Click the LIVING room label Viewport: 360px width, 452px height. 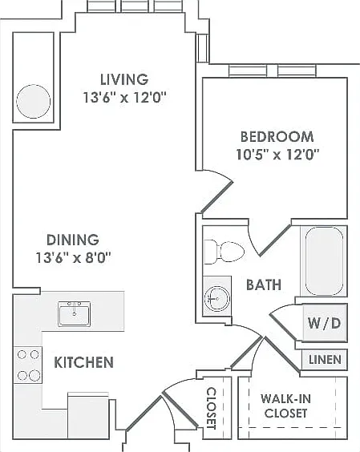(124, 79)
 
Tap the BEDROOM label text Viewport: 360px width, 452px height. (277, 136)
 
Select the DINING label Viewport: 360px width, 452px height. (73, 240)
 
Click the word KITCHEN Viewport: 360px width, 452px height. (83, 362)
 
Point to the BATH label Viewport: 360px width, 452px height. (264, 285)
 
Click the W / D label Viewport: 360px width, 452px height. (324, 323)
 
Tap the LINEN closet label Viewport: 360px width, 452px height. (325, 360)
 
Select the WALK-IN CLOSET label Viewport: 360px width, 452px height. (285, 406)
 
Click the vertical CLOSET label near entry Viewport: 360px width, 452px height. (212, 408)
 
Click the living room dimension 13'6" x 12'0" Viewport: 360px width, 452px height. (125, 98)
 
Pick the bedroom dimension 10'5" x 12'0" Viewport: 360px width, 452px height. (277, 155)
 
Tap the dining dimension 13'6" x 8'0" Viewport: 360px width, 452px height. (73, 257)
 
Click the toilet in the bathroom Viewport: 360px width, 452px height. (224, 252)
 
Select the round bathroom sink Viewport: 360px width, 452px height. (217, 298)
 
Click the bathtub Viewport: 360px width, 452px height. (324, 262)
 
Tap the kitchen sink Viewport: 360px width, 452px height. (74, 313)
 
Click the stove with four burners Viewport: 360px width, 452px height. (28, 365)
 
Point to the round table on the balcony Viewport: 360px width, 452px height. (33, 102)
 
